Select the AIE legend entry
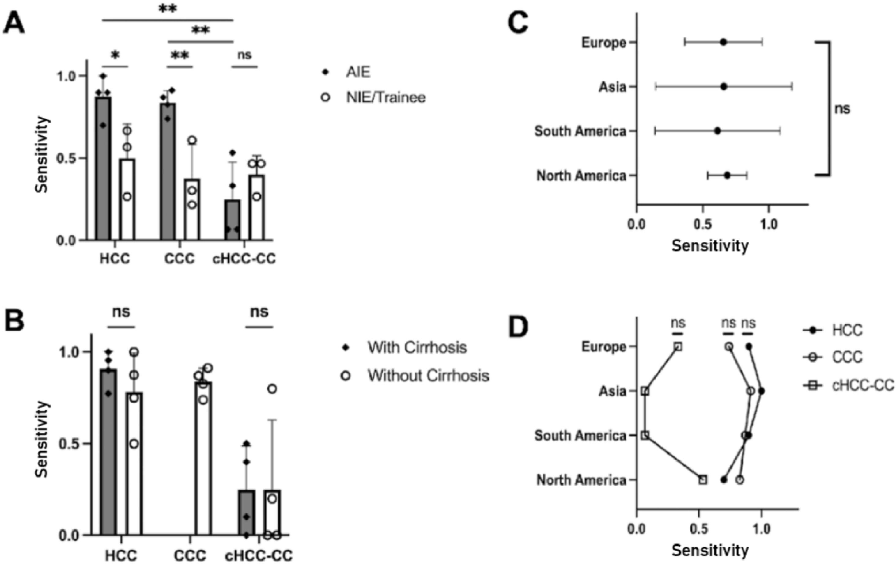click(x=357, y=72)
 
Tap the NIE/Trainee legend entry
click(x=385, y=97)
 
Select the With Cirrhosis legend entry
click(x=417, y=347)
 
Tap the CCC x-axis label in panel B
click(x=190, y=556)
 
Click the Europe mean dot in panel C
click(x=723, y=42)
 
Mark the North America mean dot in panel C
click(x=727, y=175)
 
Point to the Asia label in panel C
click(x=612, y=87)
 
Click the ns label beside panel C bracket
click(x=842, y=109)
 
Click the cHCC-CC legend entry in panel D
click(x=863, y=385)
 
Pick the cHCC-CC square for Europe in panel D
click(x=678, y=346)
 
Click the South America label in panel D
click(x=580, y=435)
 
